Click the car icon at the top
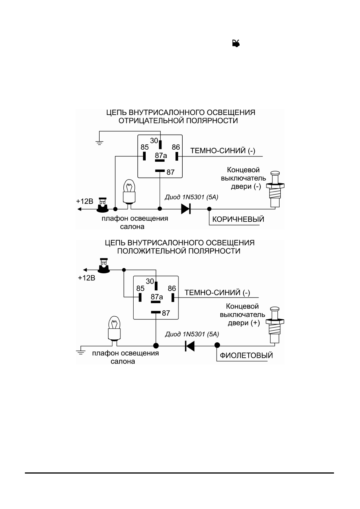coord(236,43)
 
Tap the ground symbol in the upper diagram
coord(99,143)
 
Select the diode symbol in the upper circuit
coord(186,209)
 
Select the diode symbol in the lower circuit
coord(190,346)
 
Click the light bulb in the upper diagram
coord(129,191)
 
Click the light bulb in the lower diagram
coord(114,328)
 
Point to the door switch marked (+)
coord(275,325)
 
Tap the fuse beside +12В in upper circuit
coord(102,205)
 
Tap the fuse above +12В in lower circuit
coord(104,265)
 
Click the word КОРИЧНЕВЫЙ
coord(238,219)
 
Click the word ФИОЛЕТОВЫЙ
coord(246,356)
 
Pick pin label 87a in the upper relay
coord(161,156)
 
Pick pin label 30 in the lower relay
coord(150,281)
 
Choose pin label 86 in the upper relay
coord(176,147)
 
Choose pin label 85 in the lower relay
coord(140,288)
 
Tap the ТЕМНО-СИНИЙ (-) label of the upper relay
coord(223,151)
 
